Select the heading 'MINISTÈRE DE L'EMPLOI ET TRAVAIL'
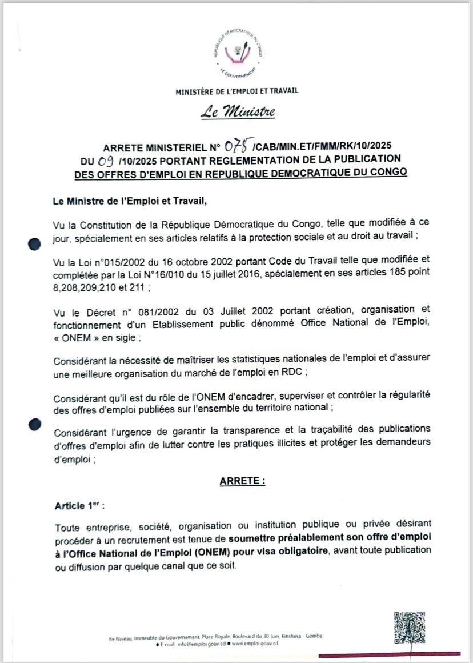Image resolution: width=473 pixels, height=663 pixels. pos(237,90)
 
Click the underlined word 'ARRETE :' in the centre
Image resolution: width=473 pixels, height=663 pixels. pos(242,482)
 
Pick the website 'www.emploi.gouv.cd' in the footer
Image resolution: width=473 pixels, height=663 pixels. pos(252,644)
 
